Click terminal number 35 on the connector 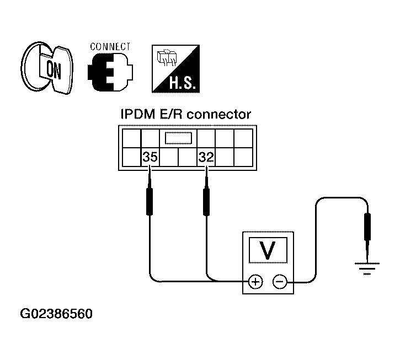(x=150, y=157)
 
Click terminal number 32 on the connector (x=206, y=157)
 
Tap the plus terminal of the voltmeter (x=255, y=282)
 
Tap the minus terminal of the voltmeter (x=280, y=282)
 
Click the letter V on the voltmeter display (x=268, y=250)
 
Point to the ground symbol (x=367, y=268)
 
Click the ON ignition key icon (x=47, y=68)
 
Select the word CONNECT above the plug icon (x=110, y=47)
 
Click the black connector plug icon (x=110, y=72)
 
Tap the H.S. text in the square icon (x=183, y=82)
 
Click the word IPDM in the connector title (x=138, y=115)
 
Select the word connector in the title (x=219, y=115)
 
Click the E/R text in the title (x=171, y=115)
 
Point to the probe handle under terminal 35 (x=150, y=201)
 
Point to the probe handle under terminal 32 (x=206, y=201)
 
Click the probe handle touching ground (x=367, y=227)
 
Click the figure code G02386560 (x=56, y=314)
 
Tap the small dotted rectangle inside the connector (x=178, y=138)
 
